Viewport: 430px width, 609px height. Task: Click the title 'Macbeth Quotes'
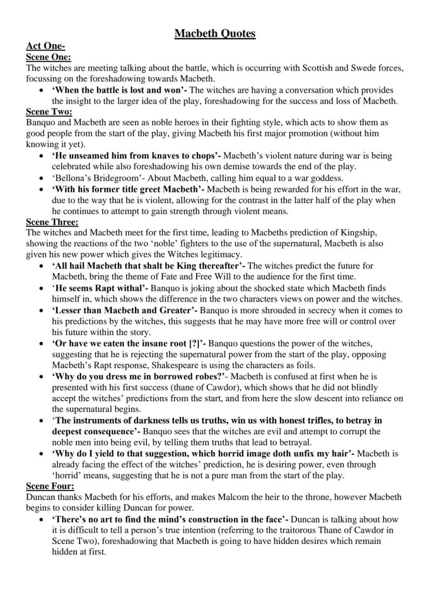pos(215,34)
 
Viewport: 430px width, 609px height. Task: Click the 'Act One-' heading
pos(45,47)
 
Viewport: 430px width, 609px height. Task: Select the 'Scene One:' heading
pos(48,57)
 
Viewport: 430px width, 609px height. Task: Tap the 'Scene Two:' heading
pos(49,111)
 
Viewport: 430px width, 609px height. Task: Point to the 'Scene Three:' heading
pos(52,222)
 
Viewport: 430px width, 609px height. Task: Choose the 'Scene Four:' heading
pos(50,486)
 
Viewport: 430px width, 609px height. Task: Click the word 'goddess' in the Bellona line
pos(326,177)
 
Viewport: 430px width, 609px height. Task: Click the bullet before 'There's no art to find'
pos(42,520)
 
